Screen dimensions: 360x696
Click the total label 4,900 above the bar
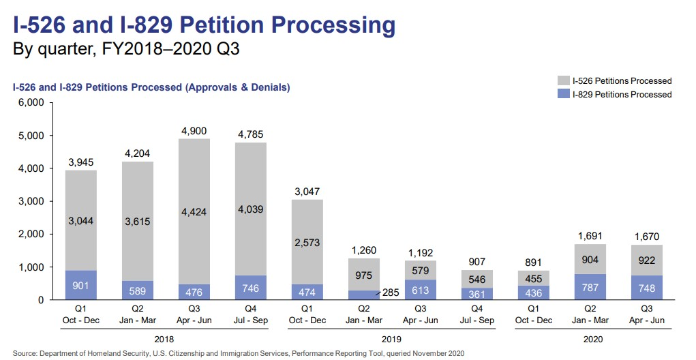(194, 131)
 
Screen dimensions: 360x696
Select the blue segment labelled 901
(82, 285)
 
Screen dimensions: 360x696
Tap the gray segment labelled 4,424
(194, 211)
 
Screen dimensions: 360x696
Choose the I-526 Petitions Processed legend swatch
(563, 81)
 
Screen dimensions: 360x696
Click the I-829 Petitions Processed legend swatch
(563, 94)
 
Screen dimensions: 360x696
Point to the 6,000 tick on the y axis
(31, 103)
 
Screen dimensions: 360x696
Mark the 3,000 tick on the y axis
(31, 201)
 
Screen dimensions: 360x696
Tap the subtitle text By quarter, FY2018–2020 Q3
(126, 50)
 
